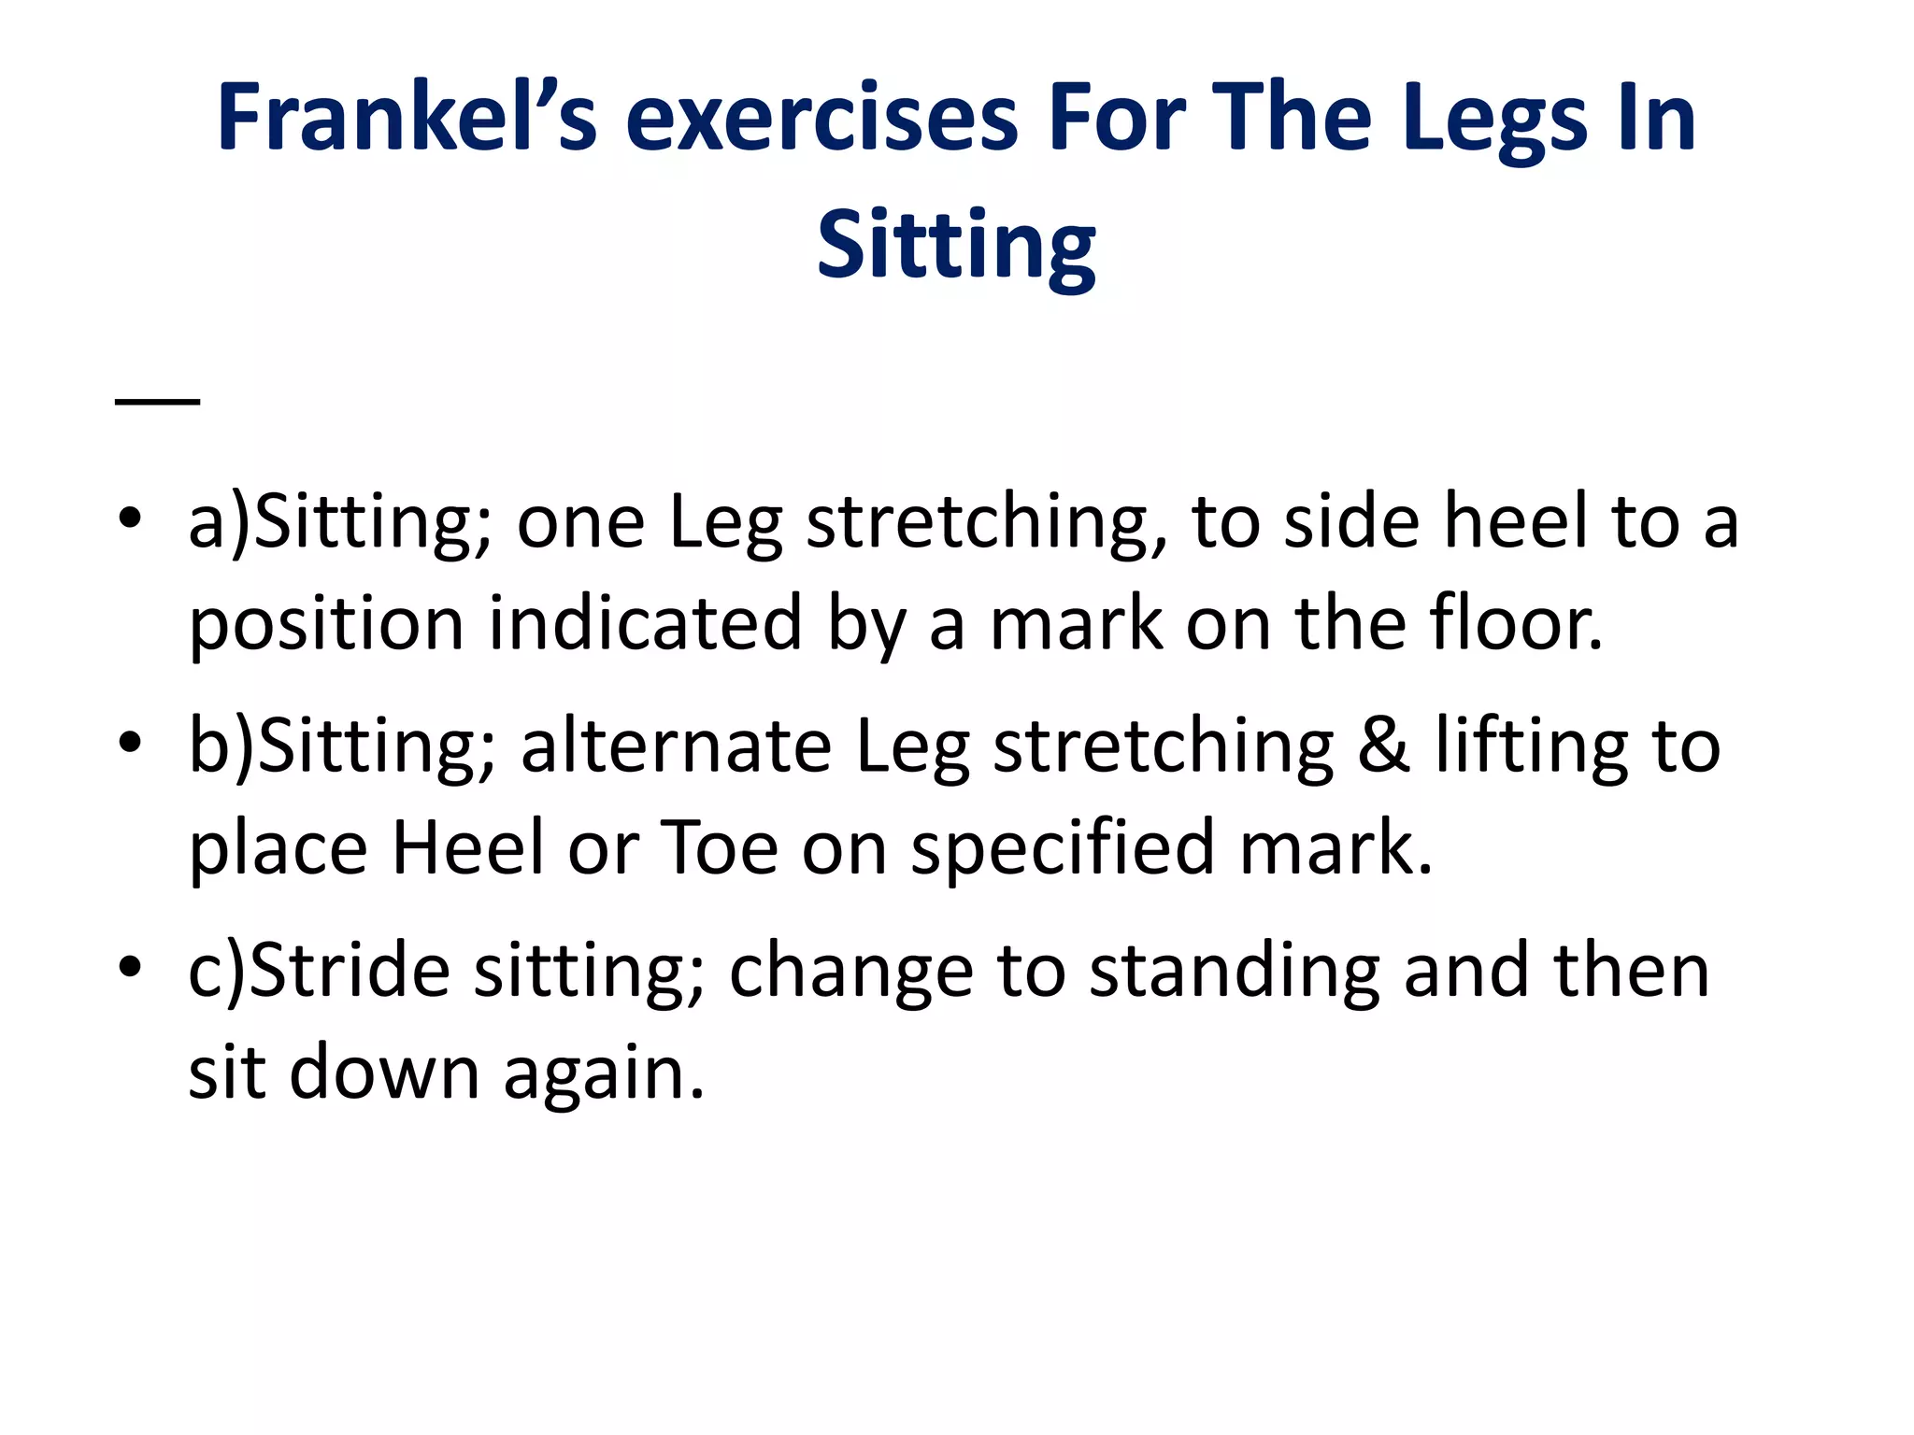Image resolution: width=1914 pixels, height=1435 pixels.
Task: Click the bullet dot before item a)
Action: pyautogui.click(x=131, y=518)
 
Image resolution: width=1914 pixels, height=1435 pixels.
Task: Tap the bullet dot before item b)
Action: pyautogui.click(x=131, y=743)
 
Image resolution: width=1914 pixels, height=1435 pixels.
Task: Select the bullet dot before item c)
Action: pyautogui.click(x=131, y=967)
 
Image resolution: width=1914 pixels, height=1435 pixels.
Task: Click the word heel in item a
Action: pyautogui.click(x=1516, y=521)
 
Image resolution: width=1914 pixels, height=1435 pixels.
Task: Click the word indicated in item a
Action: pyautogui.click(x=645, y=623)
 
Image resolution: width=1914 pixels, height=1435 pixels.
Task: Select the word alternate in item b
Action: pyautogui.click(x=676, y=746)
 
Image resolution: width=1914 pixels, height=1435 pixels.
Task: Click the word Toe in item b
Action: pyautogui.click(x=720, y=847)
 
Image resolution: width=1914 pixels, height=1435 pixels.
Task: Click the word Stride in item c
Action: pyautogui.click(x=350, y=971)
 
